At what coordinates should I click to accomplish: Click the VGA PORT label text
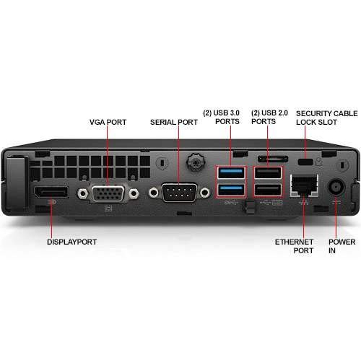click(x=108, y=123)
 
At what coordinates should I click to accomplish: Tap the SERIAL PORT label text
click(x=173, y=123)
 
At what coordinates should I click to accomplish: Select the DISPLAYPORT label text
click(x=72, y=242)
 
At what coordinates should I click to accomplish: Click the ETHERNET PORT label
click(x=294, y=246)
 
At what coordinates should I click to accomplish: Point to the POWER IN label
click(x=342, y=246)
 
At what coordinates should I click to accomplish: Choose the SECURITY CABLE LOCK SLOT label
click(x=326, y=118)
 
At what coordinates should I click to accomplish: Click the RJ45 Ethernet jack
click(x=302, y=186)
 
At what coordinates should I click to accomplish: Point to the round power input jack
click(x=336, y=187)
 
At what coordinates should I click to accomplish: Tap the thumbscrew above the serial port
click(x=194, y=159)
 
